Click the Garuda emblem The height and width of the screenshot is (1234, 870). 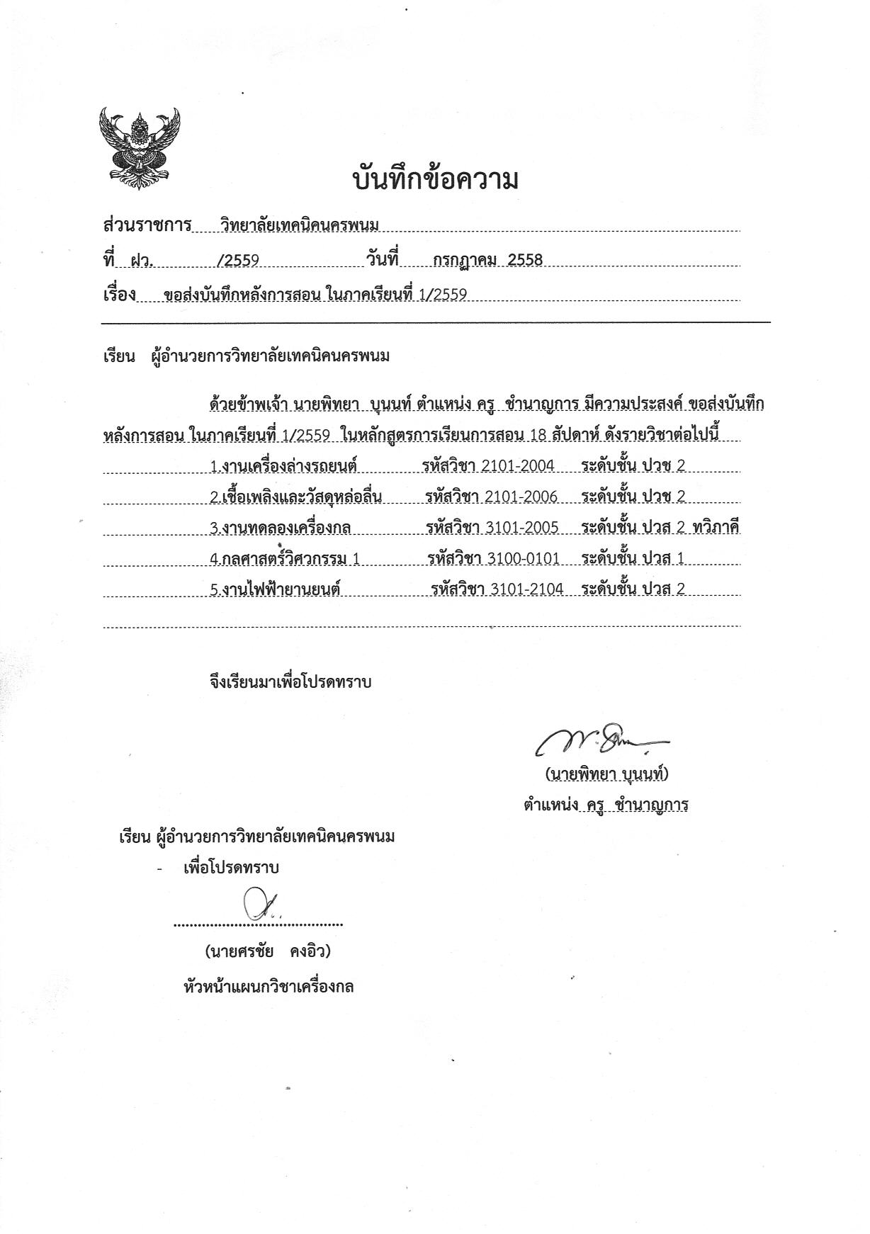(140, 147)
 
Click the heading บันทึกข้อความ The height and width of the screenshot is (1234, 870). (435, 180)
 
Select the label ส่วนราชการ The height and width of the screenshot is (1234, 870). (147, 225)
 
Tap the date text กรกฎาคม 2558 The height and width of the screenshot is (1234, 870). (487, 260)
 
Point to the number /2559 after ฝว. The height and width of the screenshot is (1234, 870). (237, 261)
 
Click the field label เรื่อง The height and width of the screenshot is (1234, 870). (119, 295)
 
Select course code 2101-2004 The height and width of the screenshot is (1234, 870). (517, 465)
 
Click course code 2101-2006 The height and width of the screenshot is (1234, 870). (521, 497)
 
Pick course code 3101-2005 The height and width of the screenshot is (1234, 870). (523, 528)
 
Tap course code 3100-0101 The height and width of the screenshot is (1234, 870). (524, 559)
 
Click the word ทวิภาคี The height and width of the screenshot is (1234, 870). (716, 528)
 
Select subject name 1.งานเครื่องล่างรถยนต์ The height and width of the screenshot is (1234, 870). (283, 466)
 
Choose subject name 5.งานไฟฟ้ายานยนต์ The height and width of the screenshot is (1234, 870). (276, 589)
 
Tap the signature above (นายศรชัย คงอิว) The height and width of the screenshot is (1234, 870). (258, 905)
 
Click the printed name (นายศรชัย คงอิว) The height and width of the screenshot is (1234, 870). (268, 951)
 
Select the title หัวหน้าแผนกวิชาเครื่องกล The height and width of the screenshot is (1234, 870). (269, 986)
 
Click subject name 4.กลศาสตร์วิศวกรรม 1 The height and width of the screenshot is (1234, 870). (285, 559)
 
